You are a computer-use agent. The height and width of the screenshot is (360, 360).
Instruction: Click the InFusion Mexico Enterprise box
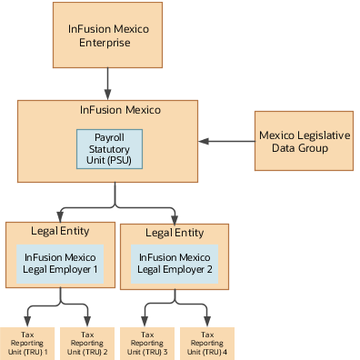(107, 35)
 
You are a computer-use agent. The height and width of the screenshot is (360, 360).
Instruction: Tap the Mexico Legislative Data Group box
(303, 141)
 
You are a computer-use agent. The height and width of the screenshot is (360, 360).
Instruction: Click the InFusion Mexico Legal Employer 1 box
(60, 264)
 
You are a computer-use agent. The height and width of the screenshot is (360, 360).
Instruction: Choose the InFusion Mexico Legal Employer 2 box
(174, 264)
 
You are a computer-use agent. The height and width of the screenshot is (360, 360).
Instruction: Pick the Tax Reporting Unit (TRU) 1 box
(28, 344)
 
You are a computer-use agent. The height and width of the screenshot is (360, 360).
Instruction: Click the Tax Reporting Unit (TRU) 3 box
(146, 344)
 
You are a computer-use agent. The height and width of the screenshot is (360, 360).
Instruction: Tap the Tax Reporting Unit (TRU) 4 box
(205, 344)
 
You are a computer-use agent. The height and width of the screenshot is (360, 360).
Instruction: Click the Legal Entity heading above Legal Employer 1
(60, 233)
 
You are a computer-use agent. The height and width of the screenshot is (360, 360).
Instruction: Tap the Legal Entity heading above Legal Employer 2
(174, 234)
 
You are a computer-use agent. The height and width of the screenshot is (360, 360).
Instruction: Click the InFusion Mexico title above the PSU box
(120, 111)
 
